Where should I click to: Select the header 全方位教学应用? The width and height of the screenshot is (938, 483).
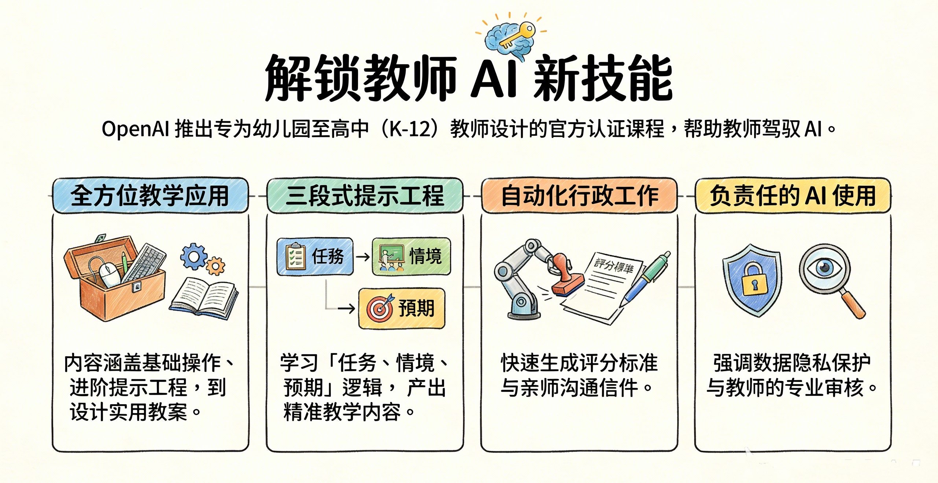coord(150,196)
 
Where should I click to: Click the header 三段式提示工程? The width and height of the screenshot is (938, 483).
coord(365,196)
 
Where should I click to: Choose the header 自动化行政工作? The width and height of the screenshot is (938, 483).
coord(579,196)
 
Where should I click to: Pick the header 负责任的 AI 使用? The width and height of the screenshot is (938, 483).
coord(793,196)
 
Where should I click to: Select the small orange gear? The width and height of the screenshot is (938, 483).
coord(215,267)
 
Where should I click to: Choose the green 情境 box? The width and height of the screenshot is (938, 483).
coord(411,256)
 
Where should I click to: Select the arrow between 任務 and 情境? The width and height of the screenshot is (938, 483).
coord(363,257)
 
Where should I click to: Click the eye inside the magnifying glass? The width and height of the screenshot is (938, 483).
coord(824,268)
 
